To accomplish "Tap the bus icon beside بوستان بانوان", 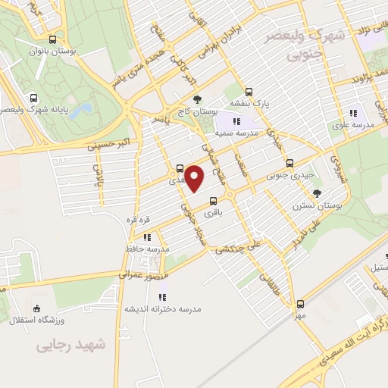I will point(52,39).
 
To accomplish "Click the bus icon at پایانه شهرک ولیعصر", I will point(33,98).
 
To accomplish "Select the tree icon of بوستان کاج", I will point(198,99).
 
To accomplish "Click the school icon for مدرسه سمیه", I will point(236,121).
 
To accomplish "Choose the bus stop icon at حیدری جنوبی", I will point(289,163).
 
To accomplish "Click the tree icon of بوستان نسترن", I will point(317,193).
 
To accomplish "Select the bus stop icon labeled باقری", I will point(213,202).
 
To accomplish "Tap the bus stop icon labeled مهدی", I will point(180,169).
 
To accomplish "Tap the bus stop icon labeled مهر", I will point(300,303).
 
